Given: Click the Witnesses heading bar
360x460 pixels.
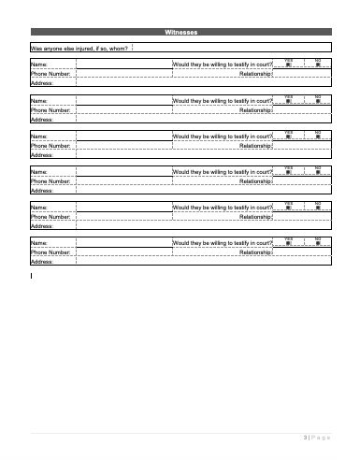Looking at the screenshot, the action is pyautogui.click(x=180, y=33).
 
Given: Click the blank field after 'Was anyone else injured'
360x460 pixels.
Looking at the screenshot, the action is pyautogui.click(x=234, y=47).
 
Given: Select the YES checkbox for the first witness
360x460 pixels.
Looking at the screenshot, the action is pyautogui.click(x=289, y=65).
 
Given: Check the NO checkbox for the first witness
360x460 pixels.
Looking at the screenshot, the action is pyautogui.click(x=318, y=65).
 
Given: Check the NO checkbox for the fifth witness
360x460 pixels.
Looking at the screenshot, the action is pyautogui.click(x=318, y=208).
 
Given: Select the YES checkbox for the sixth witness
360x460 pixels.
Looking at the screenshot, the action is pyautogui.click(x=289, y=244).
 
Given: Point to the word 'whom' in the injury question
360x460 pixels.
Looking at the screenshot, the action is pyautogui.click(x=117, y=48).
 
